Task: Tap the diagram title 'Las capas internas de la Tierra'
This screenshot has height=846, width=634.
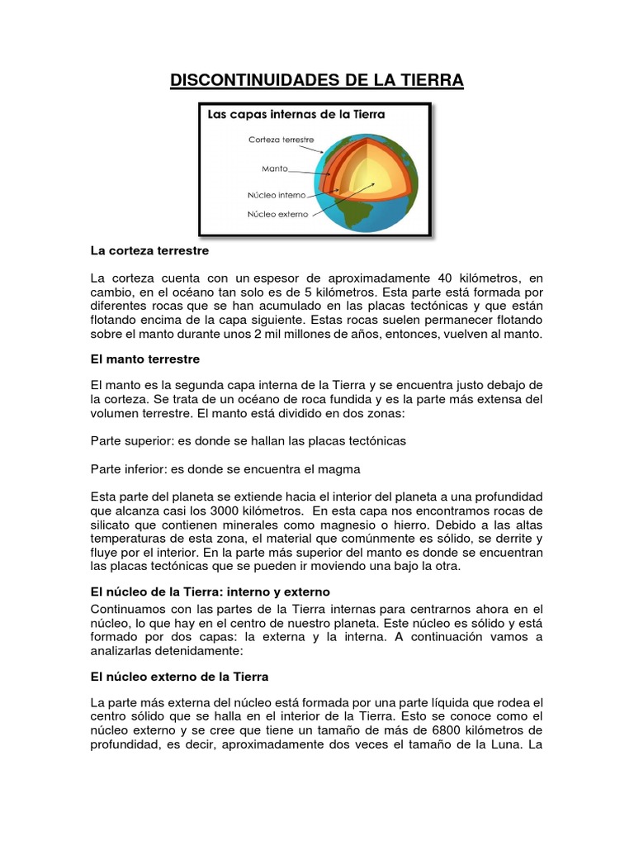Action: pos(296,114)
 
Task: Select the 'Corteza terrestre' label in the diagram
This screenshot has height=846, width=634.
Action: pos(281,140)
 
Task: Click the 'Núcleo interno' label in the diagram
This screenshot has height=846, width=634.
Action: pos(277,196)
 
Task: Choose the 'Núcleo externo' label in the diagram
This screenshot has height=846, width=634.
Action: pos(277,214)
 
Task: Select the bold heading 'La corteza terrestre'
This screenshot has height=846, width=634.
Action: pos(149,250)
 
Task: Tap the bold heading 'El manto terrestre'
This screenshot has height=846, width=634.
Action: pos(144,359)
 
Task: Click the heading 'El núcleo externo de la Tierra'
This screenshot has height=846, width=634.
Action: pos(179,676)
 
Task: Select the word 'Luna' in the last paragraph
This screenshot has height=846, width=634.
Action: pos(510,744)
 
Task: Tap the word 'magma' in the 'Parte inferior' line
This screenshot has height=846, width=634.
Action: pos(342,468)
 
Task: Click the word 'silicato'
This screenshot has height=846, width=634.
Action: pos(112,525)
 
